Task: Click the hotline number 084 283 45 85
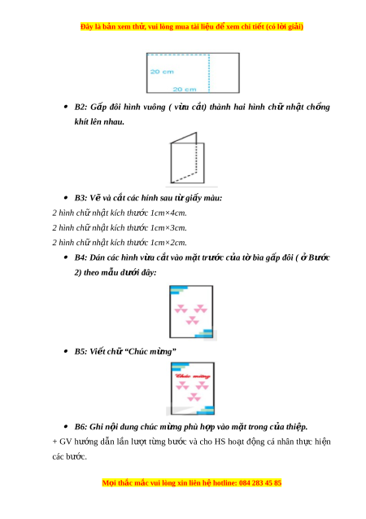260,483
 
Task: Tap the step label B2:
81,107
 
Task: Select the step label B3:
81,198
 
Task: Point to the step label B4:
81,257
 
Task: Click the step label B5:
81,351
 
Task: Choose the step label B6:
81,427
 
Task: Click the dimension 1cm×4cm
168,213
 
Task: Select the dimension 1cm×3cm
168,228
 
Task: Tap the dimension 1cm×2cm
168,243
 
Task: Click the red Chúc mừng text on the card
193,376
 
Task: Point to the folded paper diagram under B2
187,158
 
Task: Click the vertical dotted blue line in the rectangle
209,73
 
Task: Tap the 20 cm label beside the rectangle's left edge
162,72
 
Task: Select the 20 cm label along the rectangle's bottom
185,90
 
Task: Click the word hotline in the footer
224,483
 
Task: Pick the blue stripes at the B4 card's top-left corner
178,290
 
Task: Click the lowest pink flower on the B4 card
192,320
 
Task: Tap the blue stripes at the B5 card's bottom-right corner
206,411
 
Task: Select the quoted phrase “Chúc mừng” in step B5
150,351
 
